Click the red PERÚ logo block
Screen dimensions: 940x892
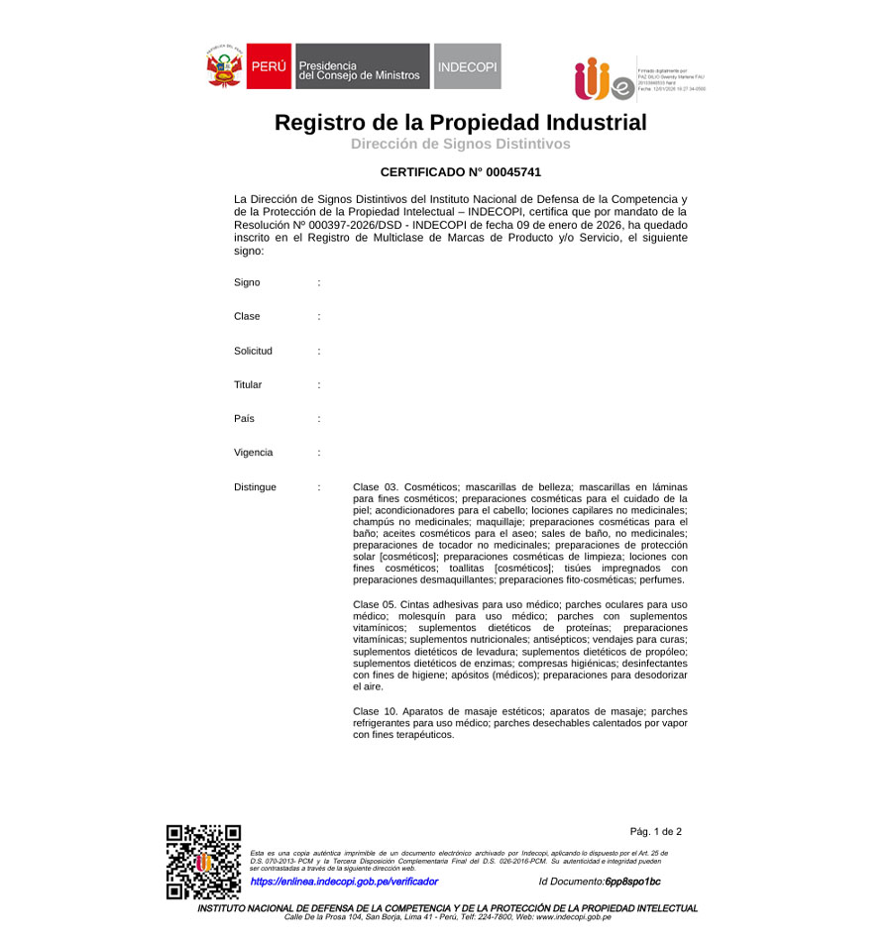coord(269,66)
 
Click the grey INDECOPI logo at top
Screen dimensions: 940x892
coord(468,66)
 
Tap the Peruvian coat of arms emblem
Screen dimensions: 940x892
coord(224,66)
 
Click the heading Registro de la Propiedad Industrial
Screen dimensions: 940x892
coord(460,123)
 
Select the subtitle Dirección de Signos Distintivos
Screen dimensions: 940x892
coord(460,145)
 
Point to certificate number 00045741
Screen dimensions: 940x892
coord(506,172)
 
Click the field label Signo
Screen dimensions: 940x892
coord(247,282)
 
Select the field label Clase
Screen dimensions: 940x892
coord(247,316)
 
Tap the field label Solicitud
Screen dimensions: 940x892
coord(253,351)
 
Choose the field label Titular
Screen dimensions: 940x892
coord(248,384)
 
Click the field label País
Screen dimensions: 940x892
coord(244,418)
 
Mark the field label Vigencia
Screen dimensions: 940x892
coord(253,453)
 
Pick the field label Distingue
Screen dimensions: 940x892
coord(255,487)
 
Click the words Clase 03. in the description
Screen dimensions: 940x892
coord(375,487)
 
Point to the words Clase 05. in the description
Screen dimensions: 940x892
coord(375,604)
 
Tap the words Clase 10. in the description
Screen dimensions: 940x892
coord(375,711)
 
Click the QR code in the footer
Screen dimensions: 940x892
coord(203,862)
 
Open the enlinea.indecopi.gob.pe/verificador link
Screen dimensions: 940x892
coord(344,882)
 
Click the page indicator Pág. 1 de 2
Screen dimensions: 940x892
coord(655,832)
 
